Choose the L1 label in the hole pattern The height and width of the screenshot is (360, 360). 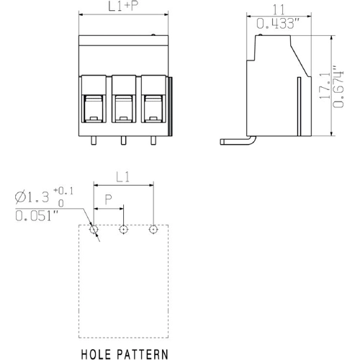[x=123, y=176]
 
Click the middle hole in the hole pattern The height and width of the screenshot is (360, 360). [x=123, y=230]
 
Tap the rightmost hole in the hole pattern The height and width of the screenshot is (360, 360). [x=153, y=230]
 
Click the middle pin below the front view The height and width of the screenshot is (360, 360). [x=123, y=139]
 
